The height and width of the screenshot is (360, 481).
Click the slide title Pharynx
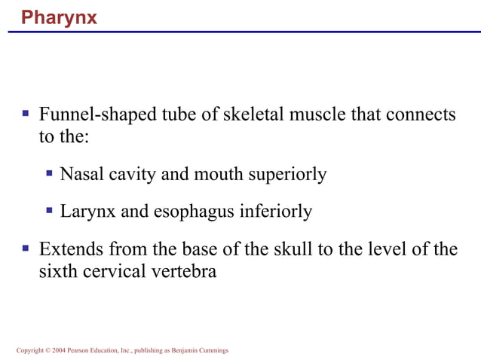(59, 17)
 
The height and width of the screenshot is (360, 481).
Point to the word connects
(421, 115)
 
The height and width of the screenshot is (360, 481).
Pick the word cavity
(131, 175)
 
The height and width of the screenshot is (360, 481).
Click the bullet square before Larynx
(49, 211)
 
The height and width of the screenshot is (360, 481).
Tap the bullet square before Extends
(26, 248)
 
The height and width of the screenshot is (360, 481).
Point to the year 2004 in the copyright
(59, 351)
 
